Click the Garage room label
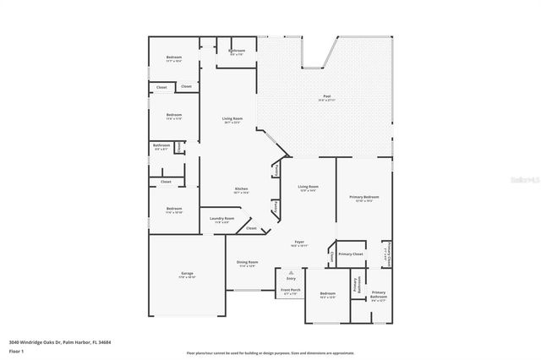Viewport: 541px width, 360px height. tap(188, 274)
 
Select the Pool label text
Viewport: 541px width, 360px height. tap(326, 96)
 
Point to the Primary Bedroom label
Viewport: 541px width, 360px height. tap(364, 197)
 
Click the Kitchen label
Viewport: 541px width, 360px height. tap(241, 188)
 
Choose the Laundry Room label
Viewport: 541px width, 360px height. tap(222, 218)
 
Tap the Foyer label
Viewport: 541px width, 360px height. tap(299, 242)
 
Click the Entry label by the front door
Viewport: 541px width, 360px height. tap(291, 278)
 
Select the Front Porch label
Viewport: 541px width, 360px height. tap(290, 291)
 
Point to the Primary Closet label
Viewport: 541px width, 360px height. tap(351, 254)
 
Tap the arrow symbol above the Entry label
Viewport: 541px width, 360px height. tap(291, 272)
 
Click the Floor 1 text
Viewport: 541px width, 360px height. tap(16, 350)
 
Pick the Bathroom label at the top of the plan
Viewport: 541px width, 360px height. tap(238, 51)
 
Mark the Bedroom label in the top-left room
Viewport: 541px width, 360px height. tap(174, 57)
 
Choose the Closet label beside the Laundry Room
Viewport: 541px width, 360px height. tap(251, 228)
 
